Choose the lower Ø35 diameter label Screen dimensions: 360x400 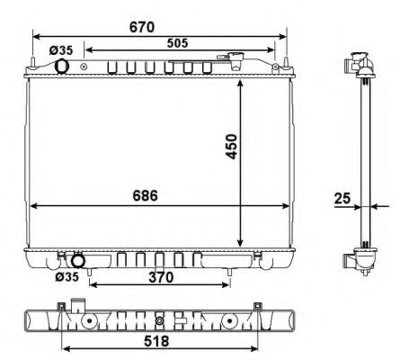click(66, 277)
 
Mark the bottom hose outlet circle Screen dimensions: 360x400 click(78, 261)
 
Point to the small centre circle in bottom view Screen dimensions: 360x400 click(159, 320)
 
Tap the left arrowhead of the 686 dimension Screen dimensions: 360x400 click(35, 206)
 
